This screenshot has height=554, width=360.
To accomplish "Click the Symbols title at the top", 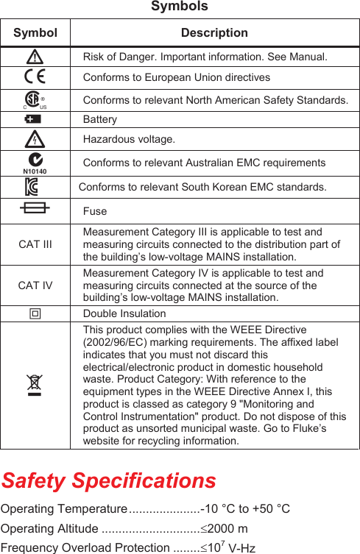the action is click(x=179, y=7).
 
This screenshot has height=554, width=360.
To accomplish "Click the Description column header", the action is click(x=214, y=32).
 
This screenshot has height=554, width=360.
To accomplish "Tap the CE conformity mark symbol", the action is click(x=35, y=77).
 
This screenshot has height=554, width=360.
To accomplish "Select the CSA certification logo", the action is click(x=34, y=100).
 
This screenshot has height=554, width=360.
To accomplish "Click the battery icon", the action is click(x=34, y=119).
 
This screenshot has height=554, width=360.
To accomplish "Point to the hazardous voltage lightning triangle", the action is click(x=35, y=138).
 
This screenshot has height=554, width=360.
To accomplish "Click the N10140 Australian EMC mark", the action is click(x=35, y=163).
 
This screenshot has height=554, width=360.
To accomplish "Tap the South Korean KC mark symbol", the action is click(x=34, y=187).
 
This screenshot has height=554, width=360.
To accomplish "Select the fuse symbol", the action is click(x=35, y=209).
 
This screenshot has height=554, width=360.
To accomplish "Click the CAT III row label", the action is click(x=35, y=244).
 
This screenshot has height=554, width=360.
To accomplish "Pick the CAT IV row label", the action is click(x=35, y=285).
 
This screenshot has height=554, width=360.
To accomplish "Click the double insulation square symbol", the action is click(x=35, y=313).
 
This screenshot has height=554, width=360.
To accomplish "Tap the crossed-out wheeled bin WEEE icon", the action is click(x=35, y=384).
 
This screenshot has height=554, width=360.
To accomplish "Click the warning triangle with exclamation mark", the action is click(x=35, y=56).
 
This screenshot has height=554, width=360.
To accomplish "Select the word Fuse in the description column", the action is click(x=95, y=211).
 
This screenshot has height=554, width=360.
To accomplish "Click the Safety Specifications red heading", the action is click(x=108, y=480).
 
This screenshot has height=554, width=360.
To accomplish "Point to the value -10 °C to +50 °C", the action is click(x=247, y=509).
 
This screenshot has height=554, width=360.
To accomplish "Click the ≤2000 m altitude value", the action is click(x=224, y=529).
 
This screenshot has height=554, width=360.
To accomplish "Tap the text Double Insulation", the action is click(x=124, y=313).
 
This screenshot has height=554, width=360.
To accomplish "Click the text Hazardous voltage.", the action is click(x=129, y=139).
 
